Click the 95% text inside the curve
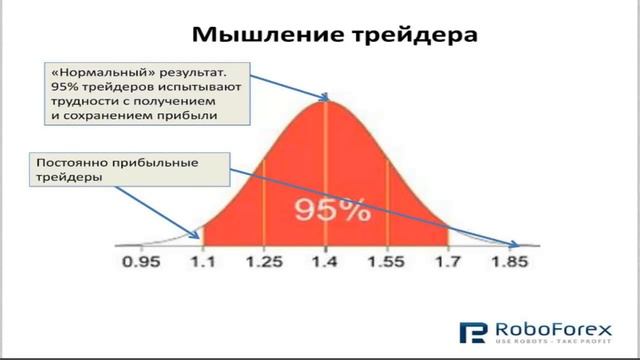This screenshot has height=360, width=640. (325, 211)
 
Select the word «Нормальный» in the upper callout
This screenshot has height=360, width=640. (96, 72)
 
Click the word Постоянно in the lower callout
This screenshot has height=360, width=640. (71, 162)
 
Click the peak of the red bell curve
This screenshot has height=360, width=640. (326, 100)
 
